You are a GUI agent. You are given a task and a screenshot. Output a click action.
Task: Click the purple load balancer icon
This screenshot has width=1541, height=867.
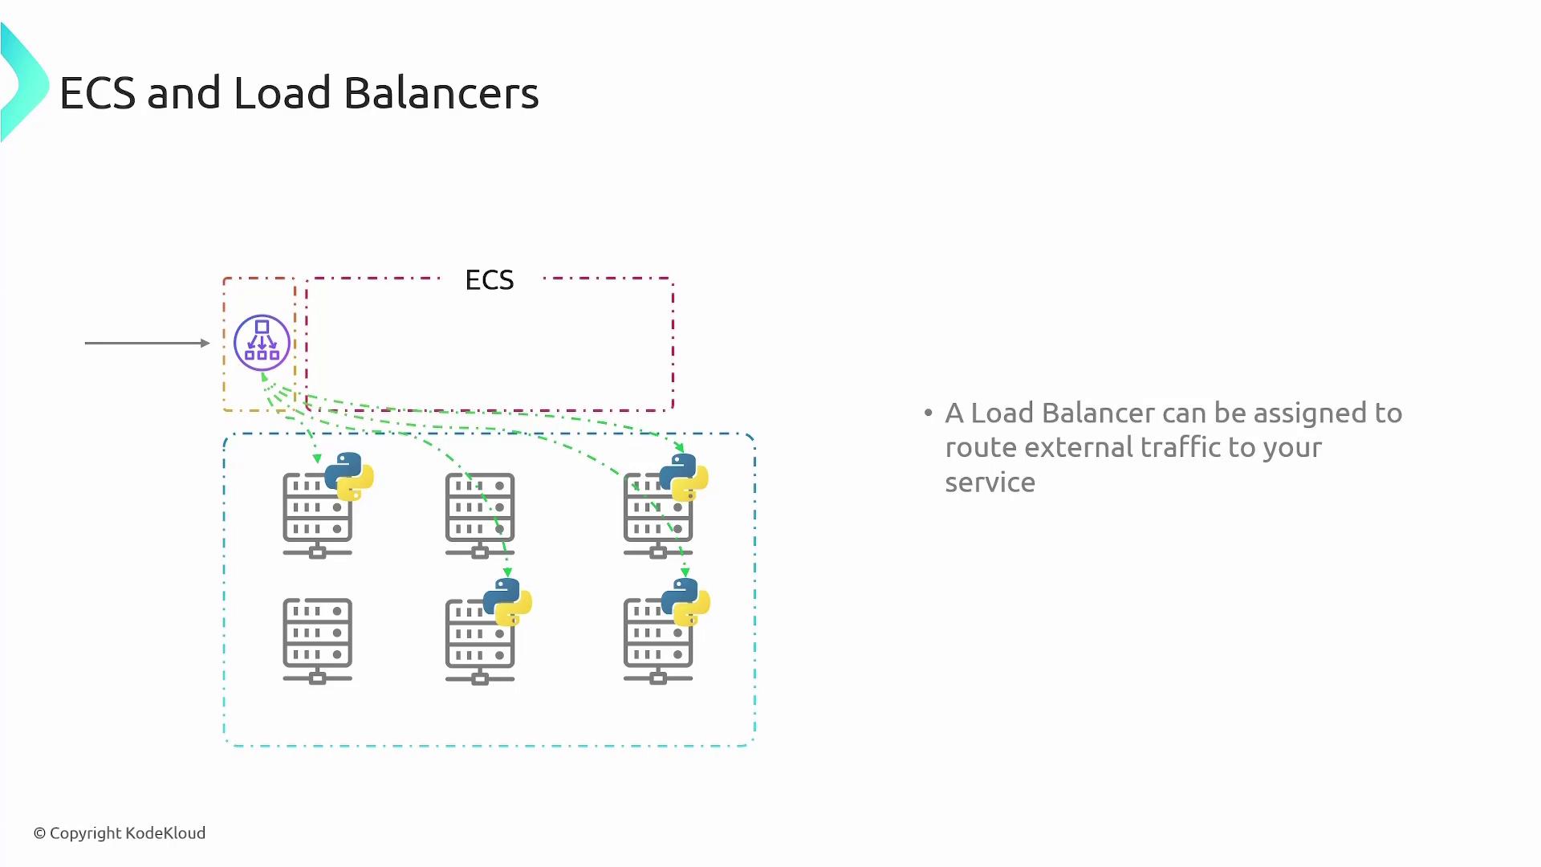coord(262,343)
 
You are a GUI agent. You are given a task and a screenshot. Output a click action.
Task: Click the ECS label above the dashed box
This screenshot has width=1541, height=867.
coord(489,280)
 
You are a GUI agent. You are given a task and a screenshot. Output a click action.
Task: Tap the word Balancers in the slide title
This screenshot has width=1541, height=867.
coord(441,93)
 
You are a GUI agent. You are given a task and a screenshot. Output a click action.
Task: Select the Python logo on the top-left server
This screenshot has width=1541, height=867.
coord(349,476)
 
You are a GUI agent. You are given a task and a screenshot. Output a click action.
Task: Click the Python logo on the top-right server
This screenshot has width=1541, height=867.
coord(684,477)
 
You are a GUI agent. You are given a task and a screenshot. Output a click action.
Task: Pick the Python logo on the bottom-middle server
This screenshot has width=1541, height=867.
coord(507,602)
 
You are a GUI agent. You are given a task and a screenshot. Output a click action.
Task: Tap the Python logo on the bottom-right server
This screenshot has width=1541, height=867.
coord(685,602)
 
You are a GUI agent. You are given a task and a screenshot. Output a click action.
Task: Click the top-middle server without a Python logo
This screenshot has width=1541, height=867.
coord(480,515)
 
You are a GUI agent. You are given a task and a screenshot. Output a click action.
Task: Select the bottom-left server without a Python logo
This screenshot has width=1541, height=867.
coord(317,640)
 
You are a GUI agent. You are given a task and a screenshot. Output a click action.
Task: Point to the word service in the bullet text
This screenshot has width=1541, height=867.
coord(990,482)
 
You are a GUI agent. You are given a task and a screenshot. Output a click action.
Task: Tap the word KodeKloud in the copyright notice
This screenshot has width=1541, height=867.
coord(165,833)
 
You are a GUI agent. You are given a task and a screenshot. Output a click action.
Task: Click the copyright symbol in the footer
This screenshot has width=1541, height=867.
coord(39,834)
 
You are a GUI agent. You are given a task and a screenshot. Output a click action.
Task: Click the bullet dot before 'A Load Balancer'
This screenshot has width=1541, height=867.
coord(929,413)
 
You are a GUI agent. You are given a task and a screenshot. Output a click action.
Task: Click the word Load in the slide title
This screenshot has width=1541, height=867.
coord(282,93)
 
